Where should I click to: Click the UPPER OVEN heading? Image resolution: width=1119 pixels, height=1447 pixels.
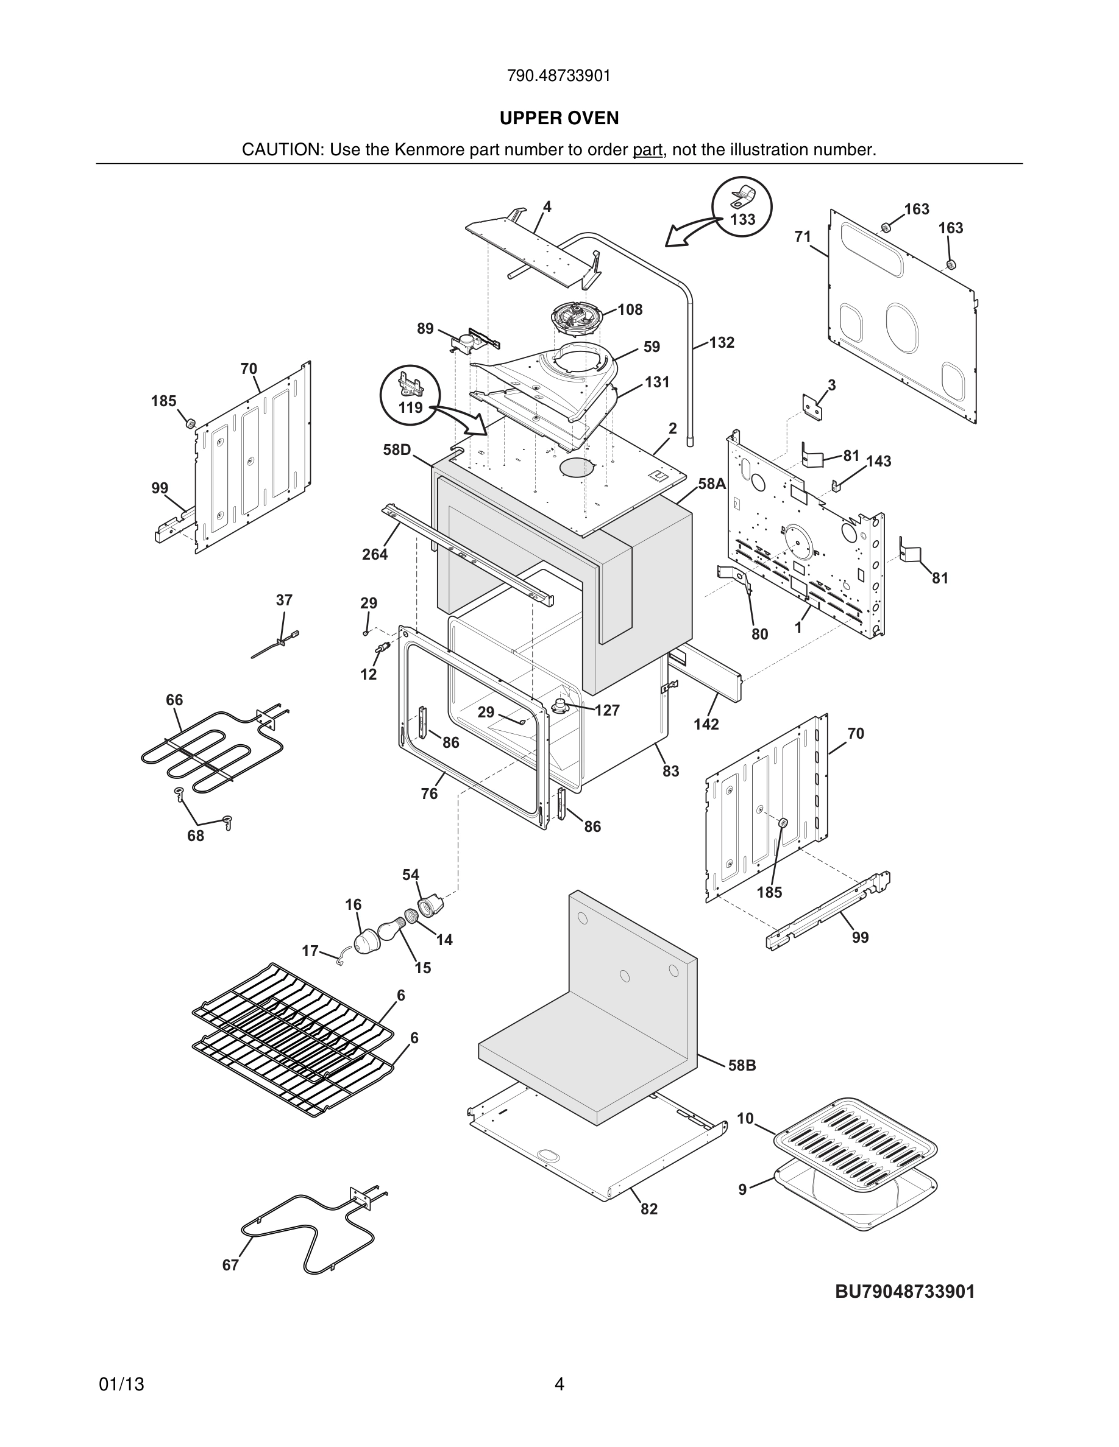[559, 118]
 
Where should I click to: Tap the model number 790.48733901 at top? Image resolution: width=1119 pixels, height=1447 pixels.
[559, 76]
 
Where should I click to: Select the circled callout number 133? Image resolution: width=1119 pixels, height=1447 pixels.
[742, 219]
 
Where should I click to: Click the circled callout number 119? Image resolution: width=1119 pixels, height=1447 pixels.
[410, 407]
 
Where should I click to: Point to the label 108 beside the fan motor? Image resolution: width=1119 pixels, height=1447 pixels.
[630, 309]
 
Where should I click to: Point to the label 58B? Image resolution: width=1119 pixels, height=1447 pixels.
[742, 1065]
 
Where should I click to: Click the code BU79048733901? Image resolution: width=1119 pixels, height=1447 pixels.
[905, 1291]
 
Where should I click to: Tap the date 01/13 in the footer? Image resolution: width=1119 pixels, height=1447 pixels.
[121, 1384]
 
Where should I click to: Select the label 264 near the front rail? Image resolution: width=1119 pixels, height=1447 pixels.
[375, 555]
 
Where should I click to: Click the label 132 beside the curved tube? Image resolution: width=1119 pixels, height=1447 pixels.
[721, 342]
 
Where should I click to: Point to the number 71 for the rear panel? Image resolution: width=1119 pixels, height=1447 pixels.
[802, 236]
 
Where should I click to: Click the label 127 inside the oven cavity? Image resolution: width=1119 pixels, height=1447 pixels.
[606, 710]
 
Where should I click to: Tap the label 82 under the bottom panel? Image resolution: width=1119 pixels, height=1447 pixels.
[649, 1209]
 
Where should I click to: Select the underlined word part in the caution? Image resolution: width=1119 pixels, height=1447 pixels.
[647, 150]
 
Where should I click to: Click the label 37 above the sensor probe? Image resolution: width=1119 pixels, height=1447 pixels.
[284, 600]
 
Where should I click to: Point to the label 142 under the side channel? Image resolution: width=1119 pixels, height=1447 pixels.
[706, 724]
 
